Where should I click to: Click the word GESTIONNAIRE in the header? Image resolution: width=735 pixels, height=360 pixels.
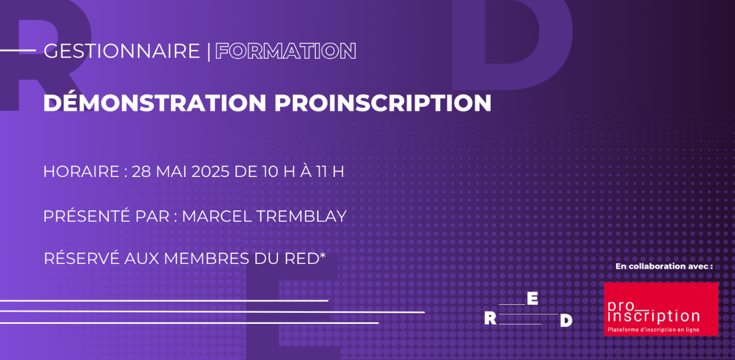(x=122, y=51)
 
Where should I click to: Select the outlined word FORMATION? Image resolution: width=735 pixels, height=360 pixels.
(x=285, y=51)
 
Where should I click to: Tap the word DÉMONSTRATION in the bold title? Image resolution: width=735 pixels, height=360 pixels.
(x=154, y=102)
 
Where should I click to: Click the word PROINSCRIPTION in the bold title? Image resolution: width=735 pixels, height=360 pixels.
(x=383, y=103)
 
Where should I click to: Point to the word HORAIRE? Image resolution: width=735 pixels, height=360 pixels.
(x=81, y=171)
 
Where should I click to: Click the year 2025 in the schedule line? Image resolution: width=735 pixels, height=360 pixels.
(x=210, y=171)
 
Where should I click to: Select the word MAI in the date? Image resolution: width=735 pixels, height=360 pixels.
(x=171, y=171)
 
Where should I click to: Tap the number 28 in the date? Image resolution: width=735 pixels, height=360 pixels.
(x=141, y=171)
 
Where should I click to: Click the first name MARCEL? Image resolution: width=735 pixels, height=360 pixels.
(x=216, y=216)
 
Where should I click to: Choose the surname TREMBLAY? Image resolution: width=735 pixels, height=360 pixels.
(x=301, y=216)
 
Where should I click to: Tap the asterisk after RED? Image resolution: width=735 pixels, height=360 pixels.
(x=323, y=255)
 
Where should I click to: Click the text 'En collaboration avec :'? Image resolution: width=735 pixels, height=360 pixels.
(x=664, y=266)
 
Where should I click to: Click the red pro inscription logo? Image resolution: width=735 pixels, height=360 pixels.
(x=661, y=309)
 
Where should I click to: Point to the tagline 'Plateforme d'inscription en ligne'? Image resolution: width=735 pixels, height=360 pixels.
(x=654, y=329)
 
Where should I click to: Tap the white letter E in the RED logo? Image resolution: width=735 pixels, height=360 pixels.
(x=532, y=298)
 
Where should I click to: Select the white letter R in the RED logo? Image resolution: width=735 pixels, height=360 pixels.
(x=490, y=318)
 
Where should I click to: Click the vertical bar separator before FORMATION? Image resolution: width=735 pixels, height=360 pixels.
(x=209, y=51)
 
